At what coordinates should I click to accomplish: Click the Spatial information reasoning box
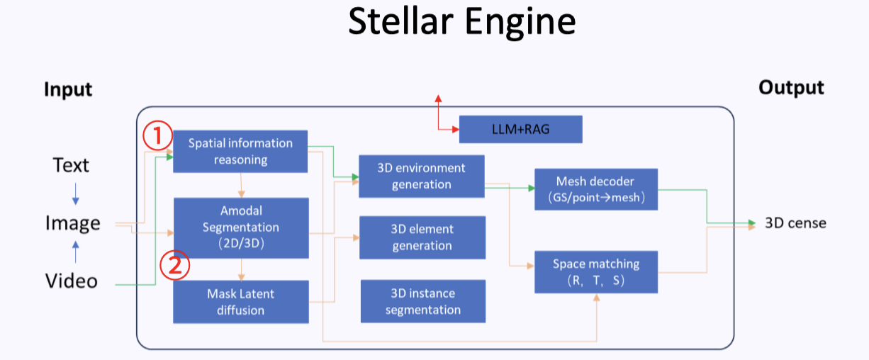pos(240,151)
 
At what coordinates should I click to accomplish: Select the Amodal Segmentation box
pos(241,227)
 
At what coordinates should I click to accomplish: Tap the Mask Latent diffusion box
pos(241,302)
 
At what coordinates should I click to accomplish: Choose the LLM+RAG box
pos(520,129)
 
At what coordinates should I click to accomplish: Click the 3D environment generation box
pos(422,176)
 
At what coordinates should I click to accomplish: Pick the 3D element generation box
pos(422,237)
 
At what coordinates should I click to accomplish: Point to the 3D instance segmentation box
pos(422,301)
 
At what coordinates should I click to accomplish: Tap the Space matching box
pos(596,271)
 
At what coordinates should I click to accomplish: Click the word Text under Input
pos(71,166)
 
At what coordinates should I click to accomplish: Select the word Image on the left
pos(73,223)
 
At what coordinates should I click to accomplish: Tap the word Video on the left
pos(72,281)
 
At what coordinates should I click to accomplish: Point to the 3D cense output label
pos(795,223)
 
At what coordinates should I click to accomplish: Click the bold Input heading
pos(68,90)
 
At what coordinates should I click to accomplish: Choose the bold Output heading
pos(791,87)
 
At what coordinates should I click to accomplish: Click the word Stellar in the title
pos(401,23)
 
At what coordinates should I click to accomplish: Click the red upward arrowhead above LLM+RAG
pos(438,99)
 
